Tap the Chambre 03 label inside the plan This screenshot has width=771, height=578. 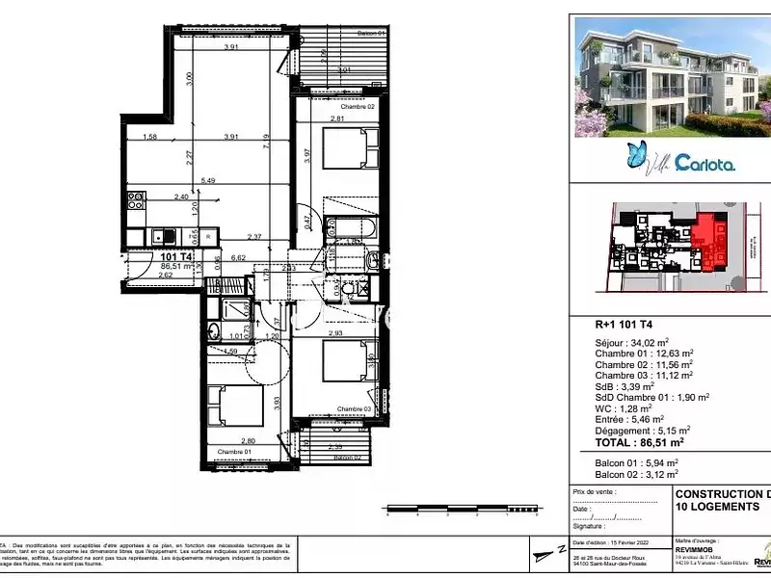(x=355, y=409)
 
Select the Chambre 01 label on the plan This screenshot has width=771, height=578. (x=234, y=452)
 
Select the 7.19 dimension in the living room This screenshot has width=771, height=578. (x=290, y=142)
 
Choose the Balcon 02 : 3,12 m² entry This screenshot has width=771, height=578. (x=636, y=474)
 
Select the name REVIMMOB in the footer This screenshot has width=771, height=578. (x=694, y=552)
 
